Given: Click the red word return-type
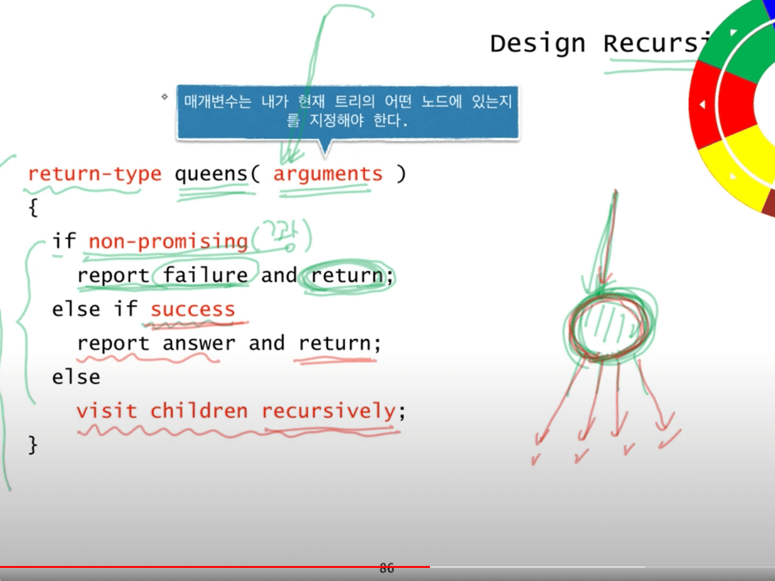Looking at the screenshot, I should pos(94,174).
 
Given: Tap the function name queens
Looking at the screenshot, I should pos(212,174).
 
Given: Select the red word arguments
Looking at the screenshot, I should pos(328,174).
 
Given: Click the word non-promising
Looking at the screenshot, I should pos(168,241).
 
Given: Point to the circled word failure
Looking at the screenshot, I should pos(205,275).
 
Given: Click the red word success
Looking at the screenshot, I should pos(193,309).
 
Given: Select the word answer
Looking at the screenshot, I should pos(199,343).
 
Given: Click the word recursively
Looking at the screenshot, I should pos(328,411).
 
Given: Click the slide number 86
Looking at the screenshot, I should pos(387,568).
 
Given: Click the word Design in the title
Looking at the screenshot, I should pos(538,44).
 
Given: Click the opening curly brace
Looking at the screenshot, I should pos(33,208).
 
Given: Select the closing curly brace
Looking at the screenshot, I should pos(33,444).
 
